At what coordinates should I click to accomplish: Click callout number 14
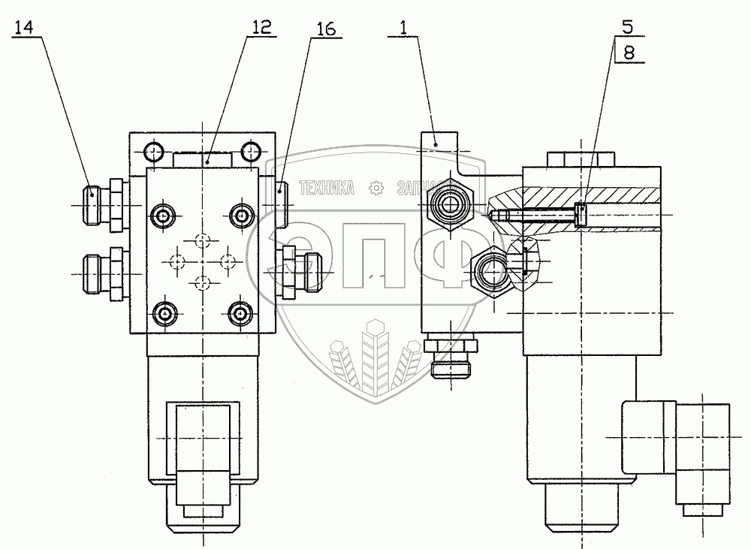pos(24,29)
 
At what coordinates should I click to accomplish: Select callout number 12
pos(261,27)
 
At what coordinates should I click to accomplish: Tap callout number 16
pos(325,29)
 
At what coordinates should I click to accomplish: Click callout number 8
pos(628,53)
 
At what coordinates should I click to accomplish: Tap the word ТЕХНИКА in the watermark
pos(327,189)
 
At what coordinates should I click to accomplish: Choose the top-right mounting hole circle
pos(250,152)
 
